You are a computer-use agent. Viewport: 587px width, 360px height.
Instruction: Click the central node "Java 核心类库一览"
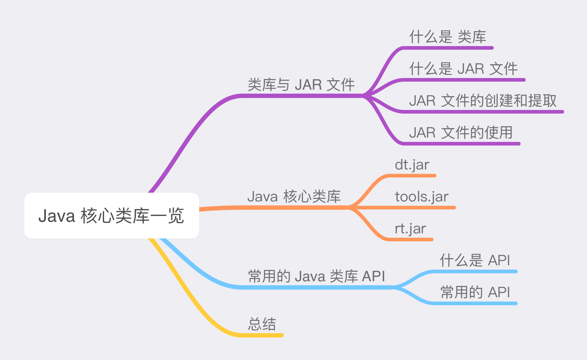(111, 216)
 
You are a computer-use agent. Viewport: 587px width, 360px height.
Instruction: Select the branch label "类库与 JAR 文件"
(301, 85)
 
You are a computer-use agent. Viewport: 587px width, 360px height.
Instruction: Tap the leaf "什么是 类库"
(448, 37)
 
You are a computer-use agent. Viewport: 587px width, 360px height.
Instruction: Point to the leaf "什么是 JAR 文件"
(463, 69)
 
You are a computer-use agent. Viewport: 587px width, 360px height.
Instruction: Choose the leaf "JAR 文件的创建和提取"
(483, 101)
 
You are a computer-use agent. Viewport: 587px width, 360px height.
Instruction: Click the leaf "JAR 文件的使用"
(461, 133)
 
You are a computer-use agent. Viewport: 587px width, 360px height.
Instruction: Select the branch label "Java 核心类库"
(294, 197)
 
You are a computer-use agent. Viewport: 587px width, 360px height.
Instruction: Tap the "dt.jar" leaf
(412, 165)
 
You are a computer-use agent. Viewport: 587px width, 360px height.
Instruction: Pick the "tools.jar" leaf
(422, 197)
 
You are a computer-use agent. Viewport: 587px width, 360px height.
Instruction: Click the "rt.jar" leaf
(410, 229)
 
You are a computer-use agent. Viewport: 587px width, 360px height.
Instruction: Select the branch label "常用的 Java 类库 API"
(316, 277)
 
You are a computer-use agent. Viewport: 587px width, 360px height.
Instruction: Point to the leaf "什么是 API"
(475, 261)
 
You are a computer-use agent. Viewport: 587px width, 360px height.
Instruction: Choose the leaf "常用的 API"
(475, 292)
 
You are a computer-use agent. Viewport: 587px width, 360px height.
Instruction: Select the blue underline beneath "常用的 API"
(475, 303)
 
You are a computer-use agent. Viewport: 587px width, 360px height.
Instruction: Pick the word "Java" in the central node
(57, 216)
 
